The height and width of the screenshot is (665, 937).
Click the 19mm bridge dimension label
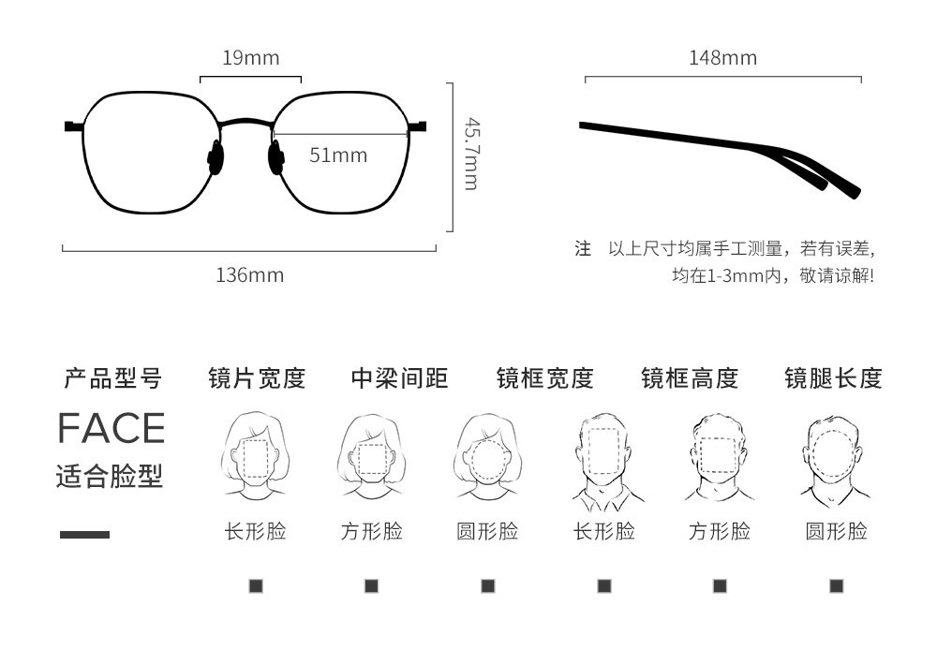click(250, 58)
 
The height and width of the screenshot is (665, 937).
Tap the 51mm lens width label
click(338, 155)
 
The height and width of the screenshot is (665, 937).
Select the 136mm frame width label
click(249, 275)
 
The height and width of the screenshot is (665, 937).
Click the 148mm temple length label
click(722, 58)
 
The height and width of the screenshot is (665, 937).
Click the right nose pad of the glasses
click(277, 156)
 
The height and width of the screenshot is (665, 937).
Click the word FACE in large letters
click(111, 428)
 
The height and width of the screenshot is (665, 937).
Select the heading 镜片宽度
click(257, 378)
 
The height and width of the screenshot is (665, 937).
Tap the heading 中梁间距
click(400, 378)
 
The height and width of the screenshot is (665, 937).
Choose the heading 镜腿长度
click(833, 378)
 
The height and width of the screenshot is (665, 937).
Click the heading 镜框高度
click(690, 378)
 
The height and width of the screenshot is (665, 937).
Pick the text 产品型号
click(112, 378)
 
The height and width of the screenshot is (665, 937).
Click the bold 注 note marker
click(583, 249)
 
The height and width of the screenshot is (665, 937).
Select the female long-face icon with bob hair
click(256, 455)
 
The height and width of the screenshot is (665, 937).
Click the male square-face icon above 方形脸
click(719, 457)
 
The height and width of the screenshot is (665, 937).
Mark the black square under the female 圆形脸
click(487, 586)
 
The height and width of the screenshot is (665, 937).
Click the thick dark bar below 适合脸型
click(84, 535)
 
